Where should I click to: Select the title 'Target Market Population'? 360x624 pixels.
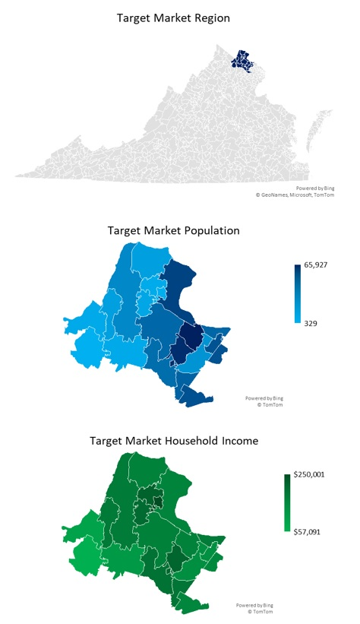pyautogui.click(x=174, y=230)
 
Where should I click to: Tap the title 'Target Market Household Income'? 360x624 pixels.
pyautogui.click(x=173, y=440)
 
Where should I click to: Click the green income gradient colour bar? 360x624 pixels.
pyautogui.click(x=288, y=502)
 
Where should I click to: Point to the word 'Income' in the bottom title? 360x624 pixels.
pyautogui.click(x=234, y=440)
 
